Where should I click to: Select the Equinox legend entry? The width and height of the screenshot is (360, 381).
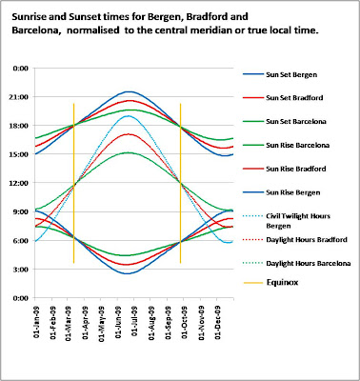click(275, 283)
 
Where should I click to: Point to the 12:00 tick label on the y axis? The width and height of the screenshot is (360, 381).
click(17, 183)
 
